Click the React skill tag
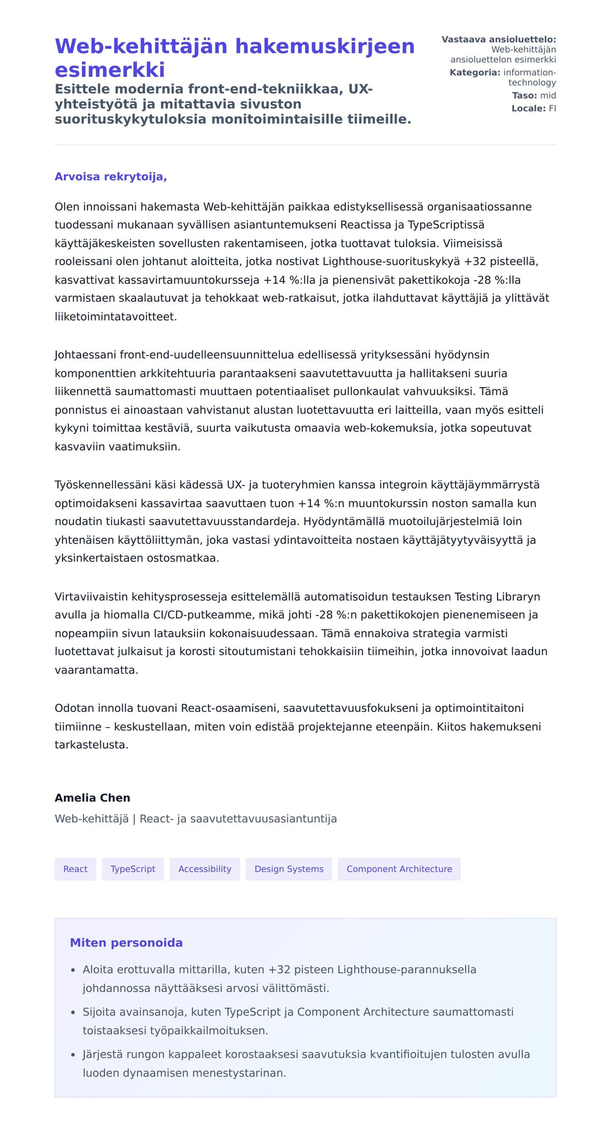point(75,869)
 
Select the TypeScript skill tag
point(133,869)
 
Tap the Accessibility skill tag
point(205,869)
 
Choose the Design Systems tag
point(289,869)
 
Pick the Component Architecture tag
point(399,869)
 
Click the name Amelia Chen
point(92,798)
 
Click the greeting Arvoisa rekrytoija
point(110,177)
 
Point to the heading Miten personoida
point(126,943)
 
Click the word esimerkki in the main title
point(109,70)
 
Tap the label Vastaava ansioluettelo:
point(498,39)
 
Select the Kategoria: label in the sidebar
point(475,72)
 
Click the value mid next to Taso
point(548,95)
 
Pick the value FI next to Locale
point(552,108)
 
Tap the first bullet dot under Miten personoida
point(73,970)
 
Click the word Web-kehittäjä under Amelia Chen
point(92,819)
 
